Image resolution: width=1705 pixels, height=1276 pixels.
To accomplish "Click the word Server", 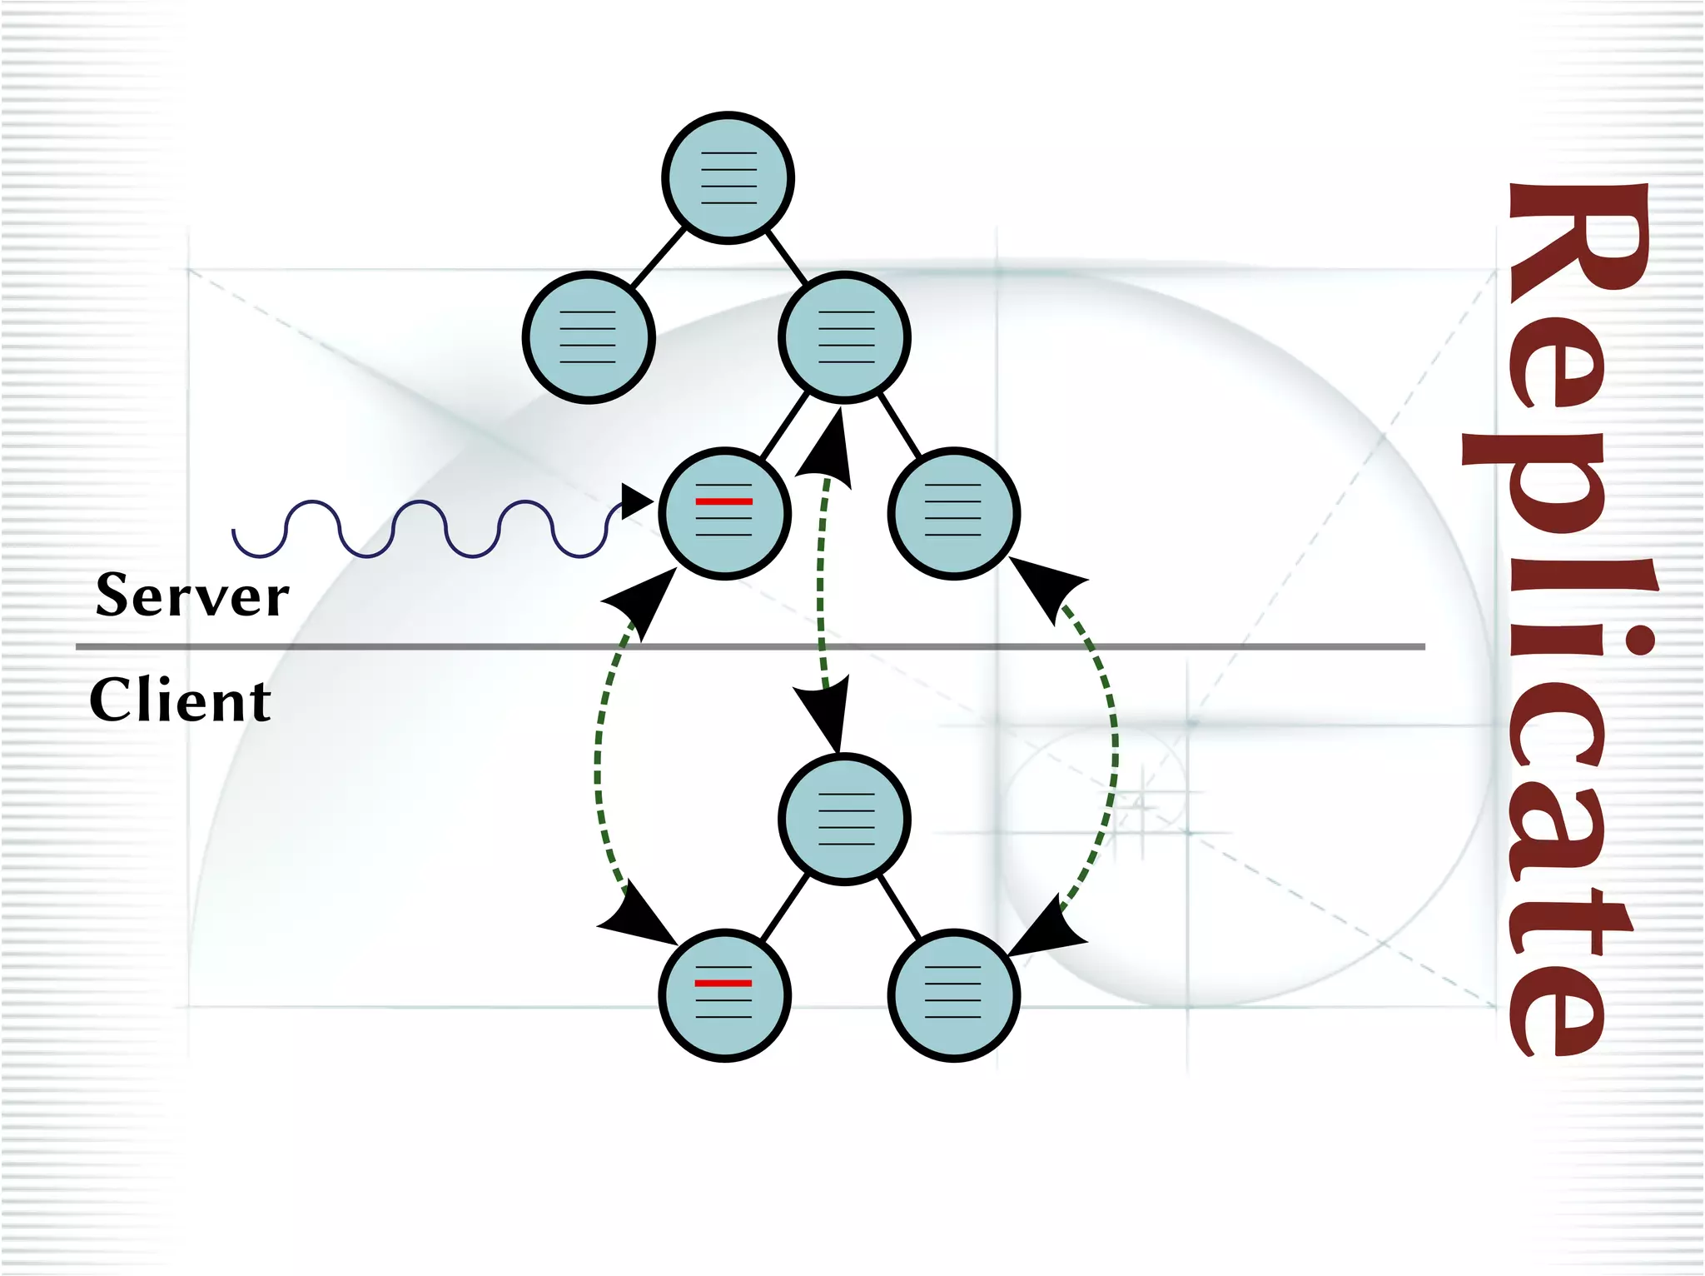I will pos(192,596).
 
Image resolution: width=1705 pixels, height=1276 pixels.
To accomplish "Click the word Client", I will pos(180,700).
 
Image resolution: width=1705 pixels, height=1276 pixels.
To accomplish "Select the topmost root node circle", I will pos(728,177).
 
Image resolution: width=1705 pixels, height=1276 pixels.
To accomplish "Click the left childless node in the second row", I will pos(589,337).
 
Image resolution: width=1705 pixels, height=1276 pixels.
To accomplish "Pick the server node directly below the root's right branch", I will pos(844,337).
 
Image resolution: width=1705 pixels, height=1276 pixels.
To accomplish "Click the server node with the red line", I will pos(724,513).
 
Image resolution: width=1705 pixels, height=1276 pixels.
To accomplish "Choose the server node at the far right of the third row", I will pos(953,513).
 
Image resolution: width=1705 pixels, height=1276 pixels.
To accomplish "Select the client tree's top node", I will pos(844,819).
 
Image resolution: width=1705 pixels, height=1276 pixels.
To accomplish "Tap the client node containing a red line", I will pos(724,994).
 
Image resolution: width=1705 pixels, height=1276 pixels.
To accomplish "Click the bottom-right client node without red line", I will pos(953,994).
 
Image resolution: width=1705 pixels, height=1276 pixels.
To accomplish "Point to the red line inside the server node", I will pos(723,501).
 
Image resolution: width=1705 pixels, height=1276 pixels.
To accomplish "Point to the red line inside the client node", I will pos(723,983).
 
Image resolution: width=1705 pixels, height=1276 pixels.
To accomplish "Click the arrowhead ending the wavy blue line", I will pos(636,501).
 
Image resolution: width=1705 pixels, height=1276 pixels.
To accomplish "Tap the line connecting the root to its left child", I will pos(659,258).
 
